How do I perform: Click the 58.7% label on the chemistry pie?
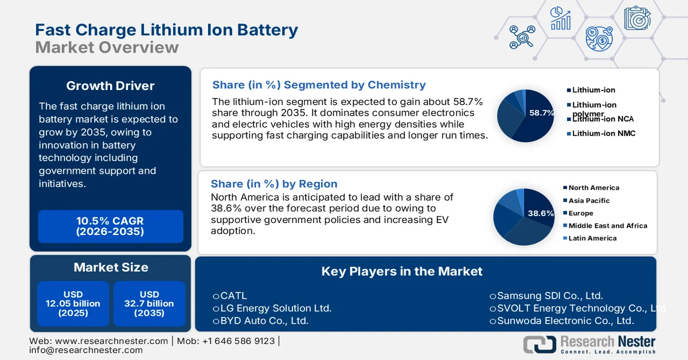click(x=541, y=113)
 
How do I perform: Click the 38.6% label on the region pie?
click(x=540, y=213)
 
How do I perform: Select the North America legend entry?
click(x=593, y=187)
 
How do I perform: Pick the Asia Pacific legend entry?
click(x=589, y=201)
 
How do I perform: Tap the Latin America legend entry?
click(x=592, y=238)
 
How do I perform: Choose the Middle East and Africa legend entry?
click(x=607, y=226)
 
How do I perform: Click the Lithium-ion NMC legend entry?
click(x=603, y=134)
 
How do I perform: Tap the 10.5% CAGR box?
click(x=110, y=226)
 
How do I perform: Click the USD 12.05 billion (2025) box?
click(x=73, y=304)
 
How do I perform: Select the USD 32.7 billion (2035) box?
click(x=150, y=304)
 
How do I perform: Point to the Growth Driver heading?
click(x=110, y=86)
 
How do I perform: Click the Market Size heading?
click(x=111, y=267)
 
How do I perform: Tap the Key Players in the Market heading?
click(x=402, y=271)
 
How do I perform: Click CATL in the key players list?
click(x=233, y=296)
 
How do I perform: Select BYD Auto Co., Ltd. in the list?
click(x=264, y=320)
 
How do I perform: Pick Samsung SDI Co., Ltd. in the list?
click(x=550, y=296)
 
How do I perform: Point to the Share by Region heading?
click(x=274, y=184)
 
